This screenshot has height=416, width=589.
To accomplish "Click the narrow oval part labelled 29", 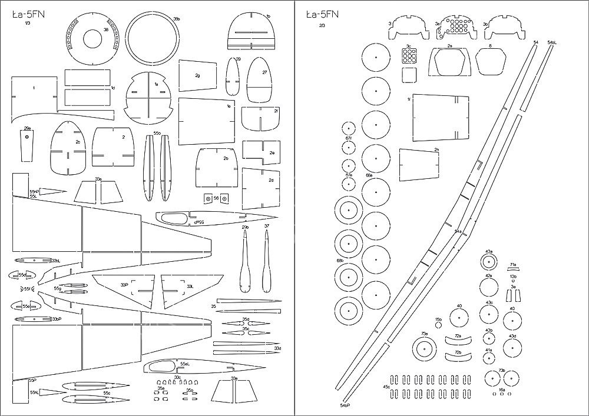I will coord(233,80).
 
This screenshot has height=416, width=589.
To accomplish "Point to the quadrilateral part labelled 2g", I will coord(198,76).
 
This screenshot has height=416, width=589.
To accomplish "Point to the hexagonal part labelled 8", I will coord(490,61).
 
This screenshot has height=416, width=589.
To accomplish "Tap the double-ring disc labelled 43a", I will coord(489,262).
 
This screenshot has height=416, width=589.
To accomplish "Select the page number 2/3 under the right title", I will coord(321,25).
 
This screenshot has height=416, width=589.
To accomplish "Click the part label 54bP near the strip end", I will coord(345,405).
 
